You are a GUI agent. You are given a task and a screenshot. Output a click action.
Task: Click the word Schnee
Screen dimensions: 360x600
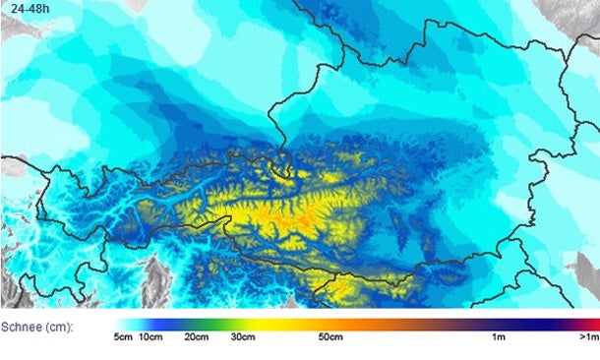pyautogui.click(x=20, y=325)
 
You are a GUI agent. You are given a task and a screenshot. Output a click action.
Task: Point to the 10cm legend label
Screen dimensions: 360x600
pyautogui.click(x=150, y=338)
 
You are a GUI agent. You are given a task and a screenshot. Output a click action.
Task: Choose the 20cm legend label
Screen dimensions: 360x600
pyautogui.click(x=196, y=338)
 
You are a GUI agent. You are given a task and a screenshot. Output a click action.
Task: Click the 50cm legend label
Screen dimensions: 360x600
pyautogui.click(x=330, y=338)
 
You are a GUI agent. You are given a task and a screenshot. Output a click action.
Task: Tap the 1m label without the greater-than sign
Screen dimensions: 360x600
pyautogui.click(x=500, y=338)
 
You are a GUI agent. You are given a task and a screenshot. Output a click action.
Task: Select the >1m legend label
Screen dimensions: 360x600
pyautogui.click(x=587, y=338)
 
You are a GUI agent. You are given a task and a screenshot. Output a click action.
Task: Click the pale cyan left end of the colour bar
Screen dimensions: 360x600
pyautogui.click(x=120, y=324)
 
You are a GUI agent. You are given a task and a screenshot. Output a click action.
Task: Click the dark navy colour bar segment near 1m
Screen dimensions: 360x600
pyautogui.click(x=511, y=324)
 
